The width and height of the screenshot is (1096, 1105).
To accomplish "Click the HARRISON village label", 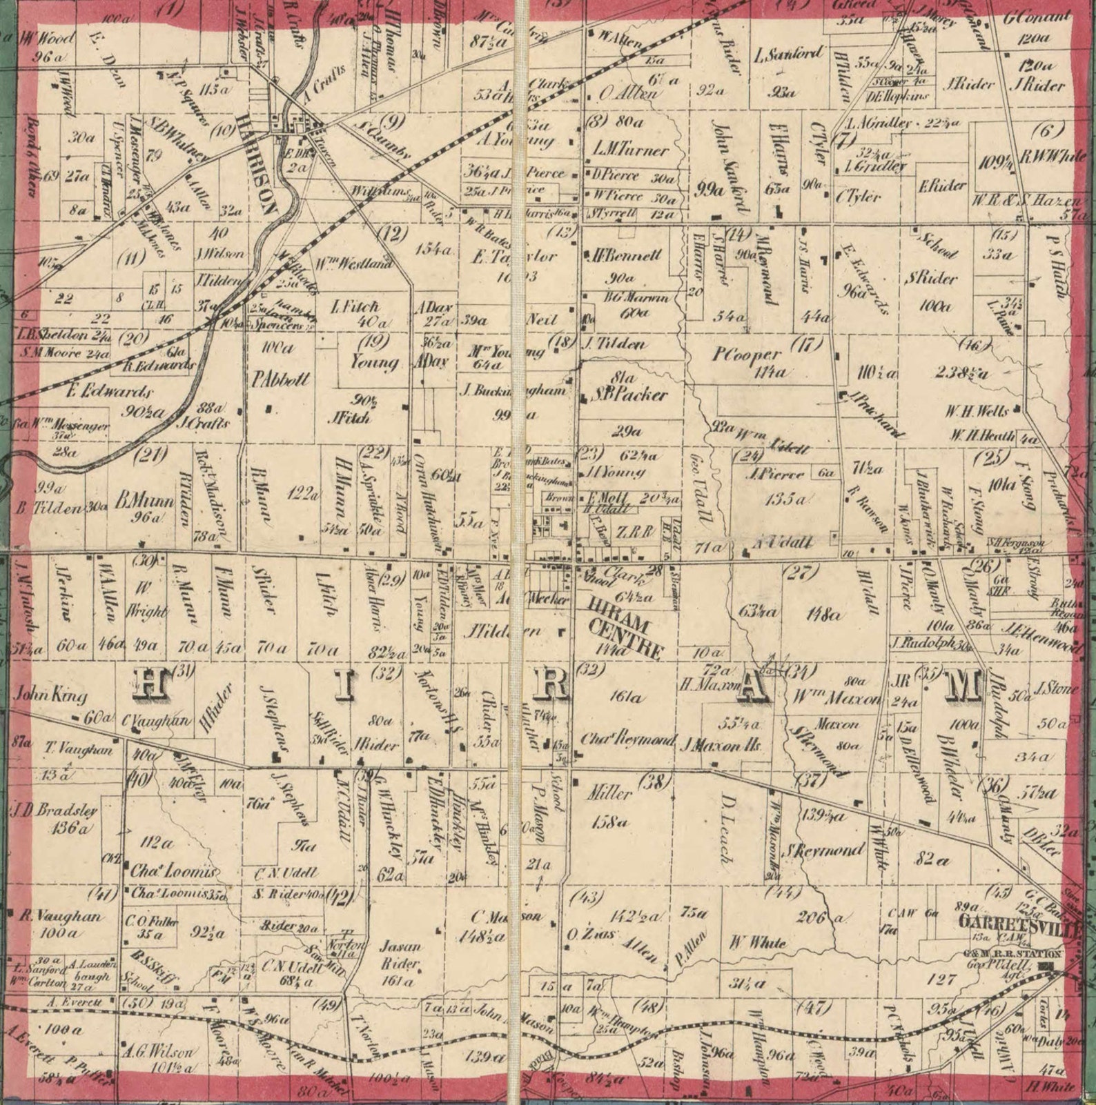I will tap(257, 166).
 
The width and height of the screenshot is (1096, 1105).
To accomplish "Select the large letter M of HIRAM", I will tap(961, 685).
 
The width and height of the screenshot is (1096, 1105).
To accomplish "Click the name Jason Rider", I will tap(400, 954).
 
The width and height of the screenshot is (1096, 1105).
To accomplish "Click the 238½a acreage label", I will tap(961, 373).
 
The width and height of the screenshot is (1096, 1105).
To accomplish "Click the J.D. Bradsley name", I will tap(54, 810).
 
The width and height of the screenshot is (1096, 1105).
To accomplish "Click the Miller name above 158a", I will tap(609, 793).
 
